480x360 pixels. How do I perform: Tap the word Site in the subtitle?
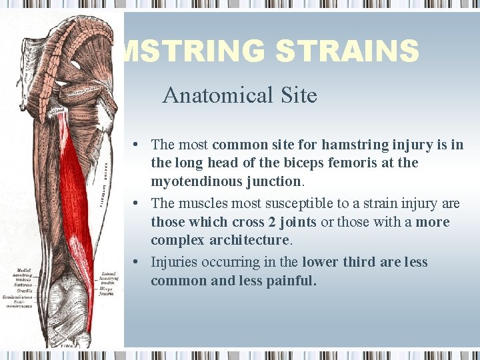point(298,95)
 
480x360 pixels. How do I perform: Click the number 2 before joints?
point(273,222)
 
